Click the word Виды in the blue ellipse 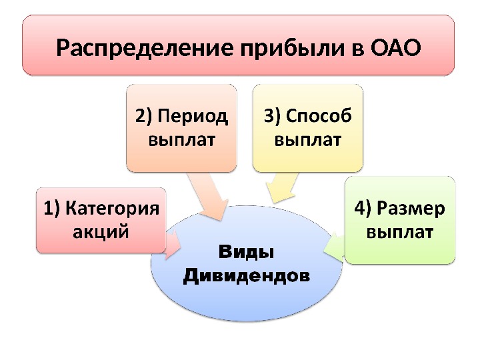point(247,253)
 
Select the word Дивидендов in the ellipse point(247,274)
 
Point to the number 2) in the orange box point(145,117)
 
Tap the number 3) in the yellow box point(273,117)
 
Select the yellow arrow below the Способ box point(281,186)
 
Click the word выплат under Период point(181,140)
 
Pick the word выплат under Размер point(400,233)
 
